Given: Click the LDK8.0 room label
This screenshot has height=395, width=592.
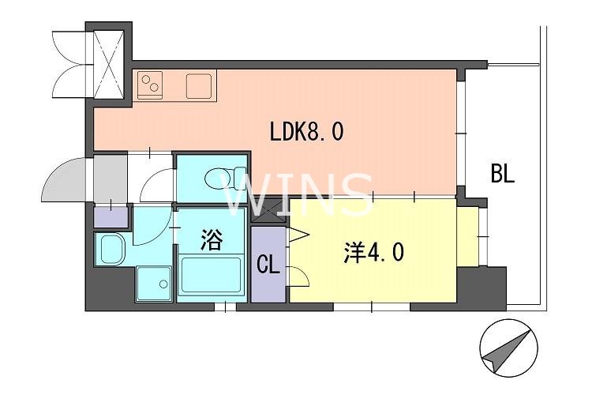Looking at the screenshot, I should coord(306,131).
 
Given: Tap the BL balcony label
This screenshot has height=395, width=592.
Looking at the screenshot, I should coord(502,174).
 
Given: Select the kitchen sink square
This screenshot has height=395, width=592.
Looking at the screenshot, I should coord(200,85).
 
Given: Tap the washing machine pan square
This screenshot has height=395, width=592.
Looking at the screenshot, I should coord(153,283).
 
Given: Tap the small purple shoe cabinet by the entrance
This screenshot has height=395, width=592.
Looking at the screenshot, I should coord(109,215).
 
